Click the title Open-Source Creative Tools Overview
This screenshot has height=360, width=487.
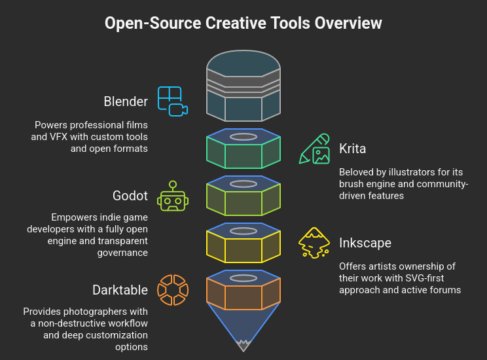click(243, 24)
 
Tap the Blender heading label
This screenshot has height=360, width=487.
click(126, 101)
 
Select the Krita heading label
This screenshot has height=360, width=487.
click(352, 149)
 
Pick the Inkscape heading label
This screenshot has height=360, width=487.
click(365, 243)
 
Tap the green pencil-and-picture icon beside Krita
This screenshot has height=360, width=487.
click(314, 149)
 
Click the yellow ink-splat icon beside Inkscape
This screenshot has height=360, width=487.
click(314, 243)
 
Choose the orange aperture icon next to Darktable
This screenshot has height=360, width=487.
click(173, 290)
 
